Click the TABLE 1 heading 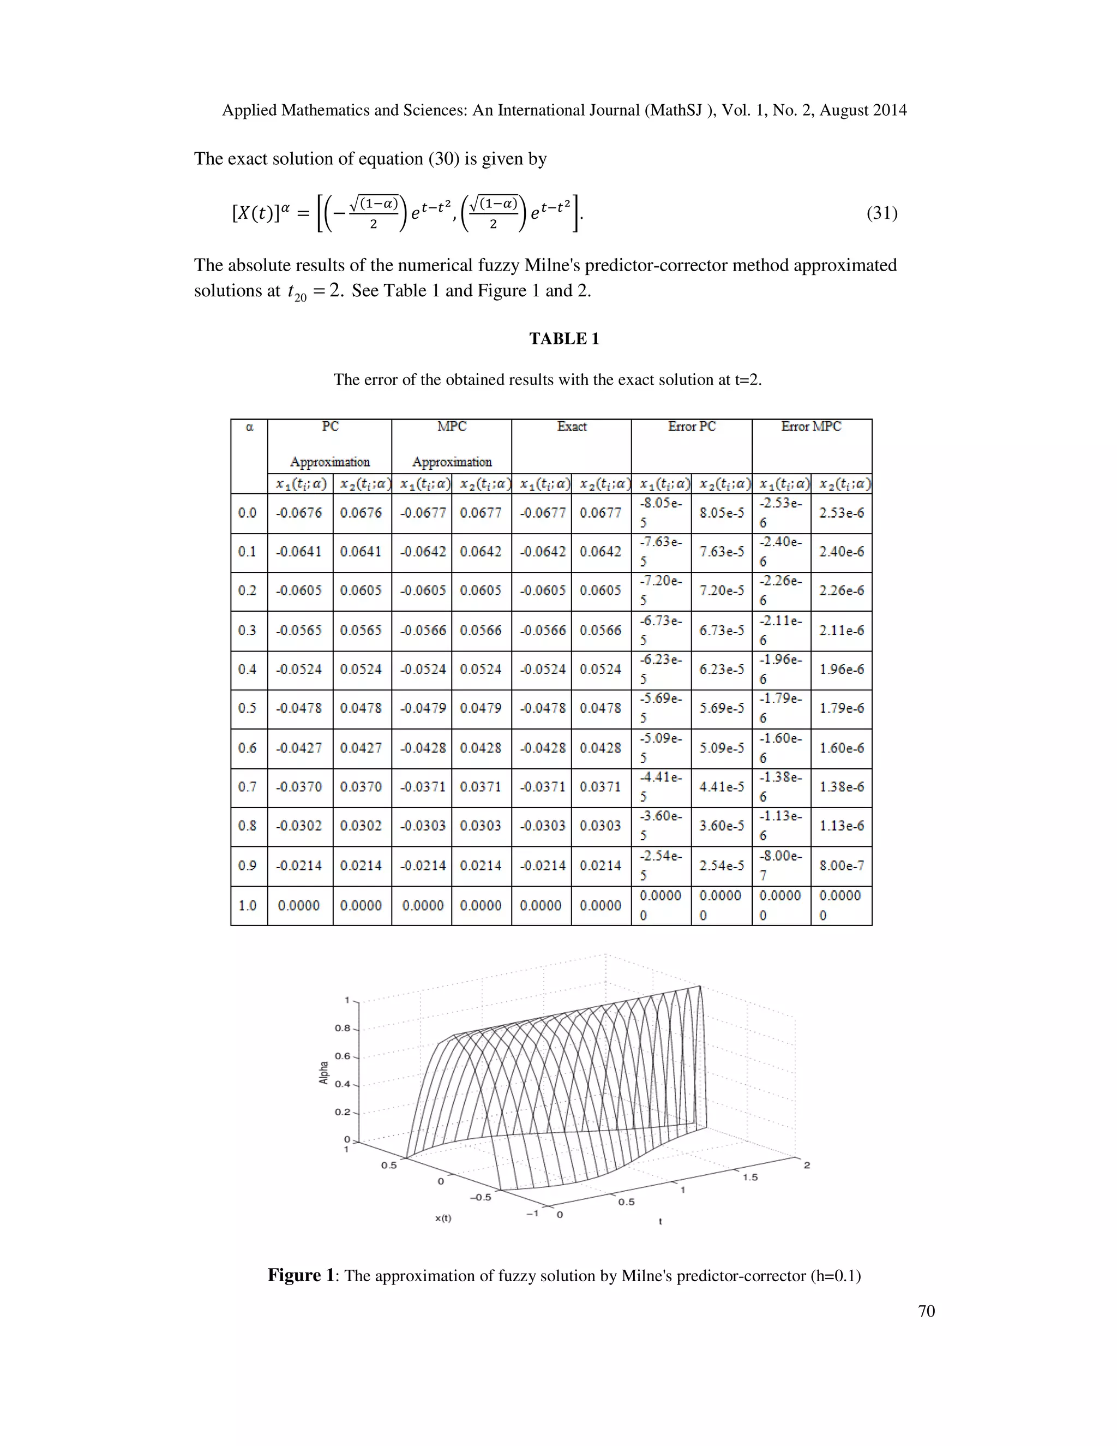tap(564, 339)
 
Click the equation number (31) tap(881, 213)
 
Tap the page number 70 tap(927, 1311)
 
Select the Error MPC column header tap(810, 427)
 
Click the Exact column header tap(571, 427)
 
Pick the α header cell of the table tap(249, 428)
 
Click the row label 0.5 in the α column tap(247, 708)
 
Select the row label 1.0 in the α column tap(247, 905)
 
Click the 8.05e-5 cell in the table tap(721, 512)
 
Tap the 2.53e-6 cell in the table tap(841, 512)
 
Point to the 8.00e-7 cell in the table tap(841, 865)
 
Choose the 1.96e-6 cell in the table tap(841, 670)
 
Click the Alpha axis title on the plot tap(323, 1073)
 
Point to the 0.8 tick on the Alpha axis tap(342, 1028)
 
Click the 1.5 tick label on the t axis tap(750, 1177)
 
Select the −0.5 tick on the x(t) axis tap(481, 1197)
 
